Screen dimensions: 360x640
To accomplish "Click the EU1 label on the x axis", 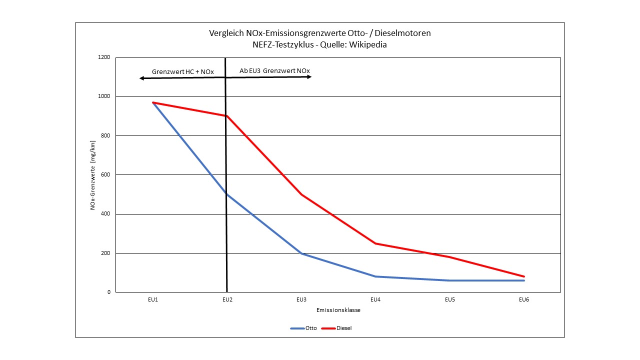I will coord(153,300).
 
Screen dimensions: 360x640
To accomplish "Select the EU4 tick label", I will coord(375,300).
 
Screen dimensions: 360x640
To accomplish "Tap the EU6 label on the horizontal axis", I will coord(523,300).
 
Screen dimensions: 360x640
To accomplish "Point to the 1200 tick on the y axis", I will coord(104,57).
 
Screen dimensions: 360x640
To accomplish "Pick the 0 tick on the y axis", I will coord(108,292).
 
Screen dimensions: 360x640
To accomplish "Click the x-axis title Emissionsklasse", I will coord(338,310).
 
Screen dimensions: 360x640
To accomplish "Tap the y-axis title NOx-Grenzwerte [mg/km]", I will coord(93,175).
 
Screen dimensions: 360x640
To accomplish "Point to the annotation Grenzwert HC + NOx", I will coord(183,72).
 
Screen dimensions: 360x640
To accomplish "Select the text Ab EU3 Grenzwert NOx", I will coord(274,71).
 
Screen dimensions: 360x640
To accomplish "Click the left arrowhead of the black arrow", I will coord(141,78).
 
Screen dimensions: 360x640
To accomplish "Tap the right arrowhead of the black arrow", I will coord(309,77).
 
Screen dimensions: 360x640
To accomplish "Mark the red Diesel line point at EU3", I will coord(301,194).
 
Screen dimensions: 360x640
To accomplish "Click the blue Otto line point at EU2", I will coord(227,194).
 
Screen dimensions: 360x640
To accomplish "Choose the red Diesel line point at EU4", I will coord(375,243).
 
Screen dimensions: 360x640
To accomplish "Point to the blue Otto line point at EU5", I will coord(449,280).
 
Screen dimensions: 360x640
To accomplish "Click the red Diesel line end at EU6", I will coord(523,276).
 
